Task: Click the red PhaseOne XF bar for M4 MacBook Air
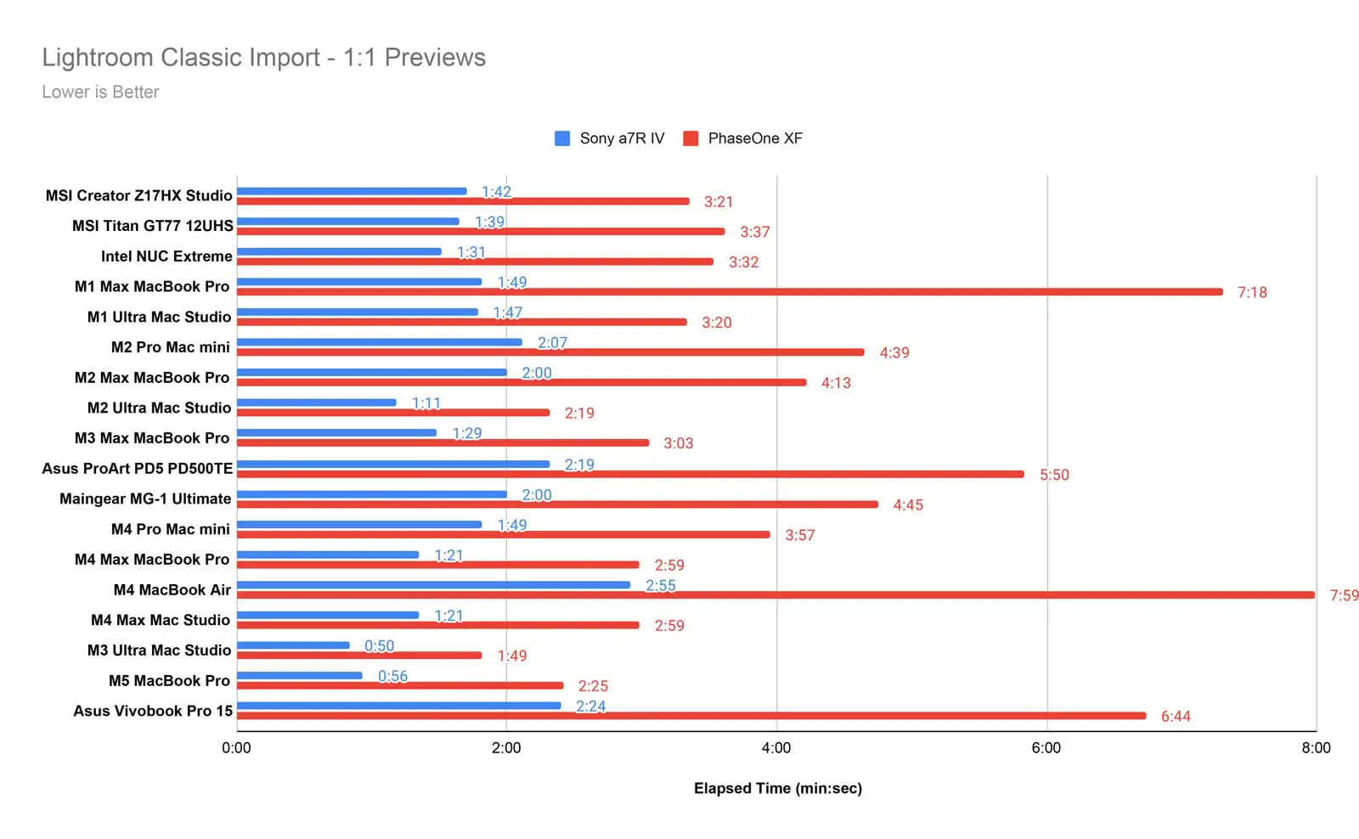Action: click(775, 595)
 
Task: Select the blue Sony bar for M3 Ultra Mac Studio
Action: click(293, 645)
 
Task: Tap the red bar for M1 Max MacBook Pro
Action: click(730, 292)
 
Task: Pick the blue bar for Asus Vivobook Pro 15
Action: click(398, 706)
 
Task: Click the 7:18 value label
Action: click(1252, 293)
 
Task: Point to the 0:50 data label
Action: click(379, 646)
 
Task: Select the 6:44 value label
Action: click(1176, 717)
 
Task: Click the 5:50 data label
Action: click(1054, 475)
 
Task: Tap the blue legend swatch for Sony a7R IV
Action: click(562, 138)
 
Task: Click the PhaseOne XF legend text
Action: click(755, 138)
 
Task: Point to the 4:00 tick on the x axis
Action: click(775, 748)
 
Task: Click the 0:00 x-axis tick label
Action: click(236, 748)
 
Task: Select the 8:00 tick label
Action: click(1316, 748)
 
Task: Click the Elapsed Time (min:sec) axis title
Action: click(777, 789)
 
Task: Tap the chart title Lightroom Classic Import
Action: click(263, 58)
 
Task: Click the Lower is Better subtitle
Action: click(100, 93)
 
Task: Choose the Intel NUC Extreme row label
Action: click(166, 256)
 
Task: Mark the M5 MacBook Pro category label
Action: click(169, 681)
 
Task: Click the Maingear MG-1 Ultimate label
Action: click(145, 499)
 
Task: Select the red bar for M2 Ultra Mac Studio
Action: click(393, 413)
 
